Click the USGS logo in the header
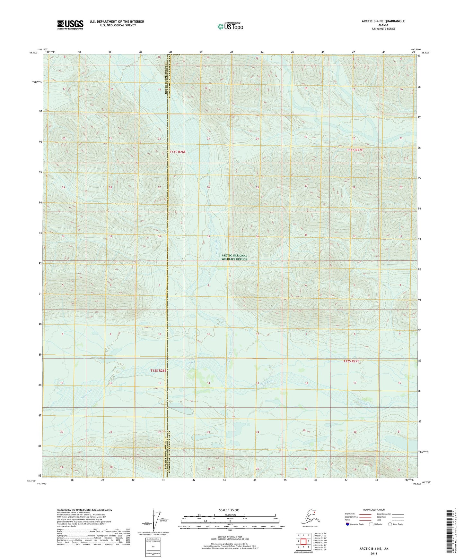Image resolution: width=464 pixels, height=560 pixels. [x=70, y=25]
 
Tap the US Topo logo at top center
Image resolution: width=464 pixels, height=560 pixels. [x=230, y=26]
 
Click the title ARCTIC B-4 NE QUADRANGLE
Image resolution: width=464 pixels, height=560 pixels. [x=383, y=21]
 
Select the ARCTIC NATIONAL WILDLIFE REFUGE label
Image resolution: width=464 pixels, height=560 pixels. [x=234, y=258]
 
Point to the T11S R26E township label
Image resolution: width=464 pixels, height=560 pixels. [x=178, y=152]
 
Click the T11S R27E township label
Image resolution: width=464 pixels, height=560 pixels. [x=355, y=150]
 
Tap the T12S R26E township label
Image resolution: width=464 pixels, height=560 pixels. [x=158, y=370]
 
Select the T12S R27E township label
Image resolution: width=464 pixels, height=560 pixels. [x=351, y=361]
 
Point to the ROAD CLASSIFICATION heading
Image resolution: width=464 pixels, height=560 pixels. [x=373, y=510]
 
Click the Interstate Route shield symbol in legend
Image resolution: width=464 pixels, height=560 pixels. [x=348, y=524]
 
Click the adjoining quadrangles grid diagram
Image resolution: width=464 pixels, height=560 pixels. [x=303, y=541]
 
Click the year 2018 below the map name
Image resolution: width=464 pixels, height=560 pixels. [x=373, y=553]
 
